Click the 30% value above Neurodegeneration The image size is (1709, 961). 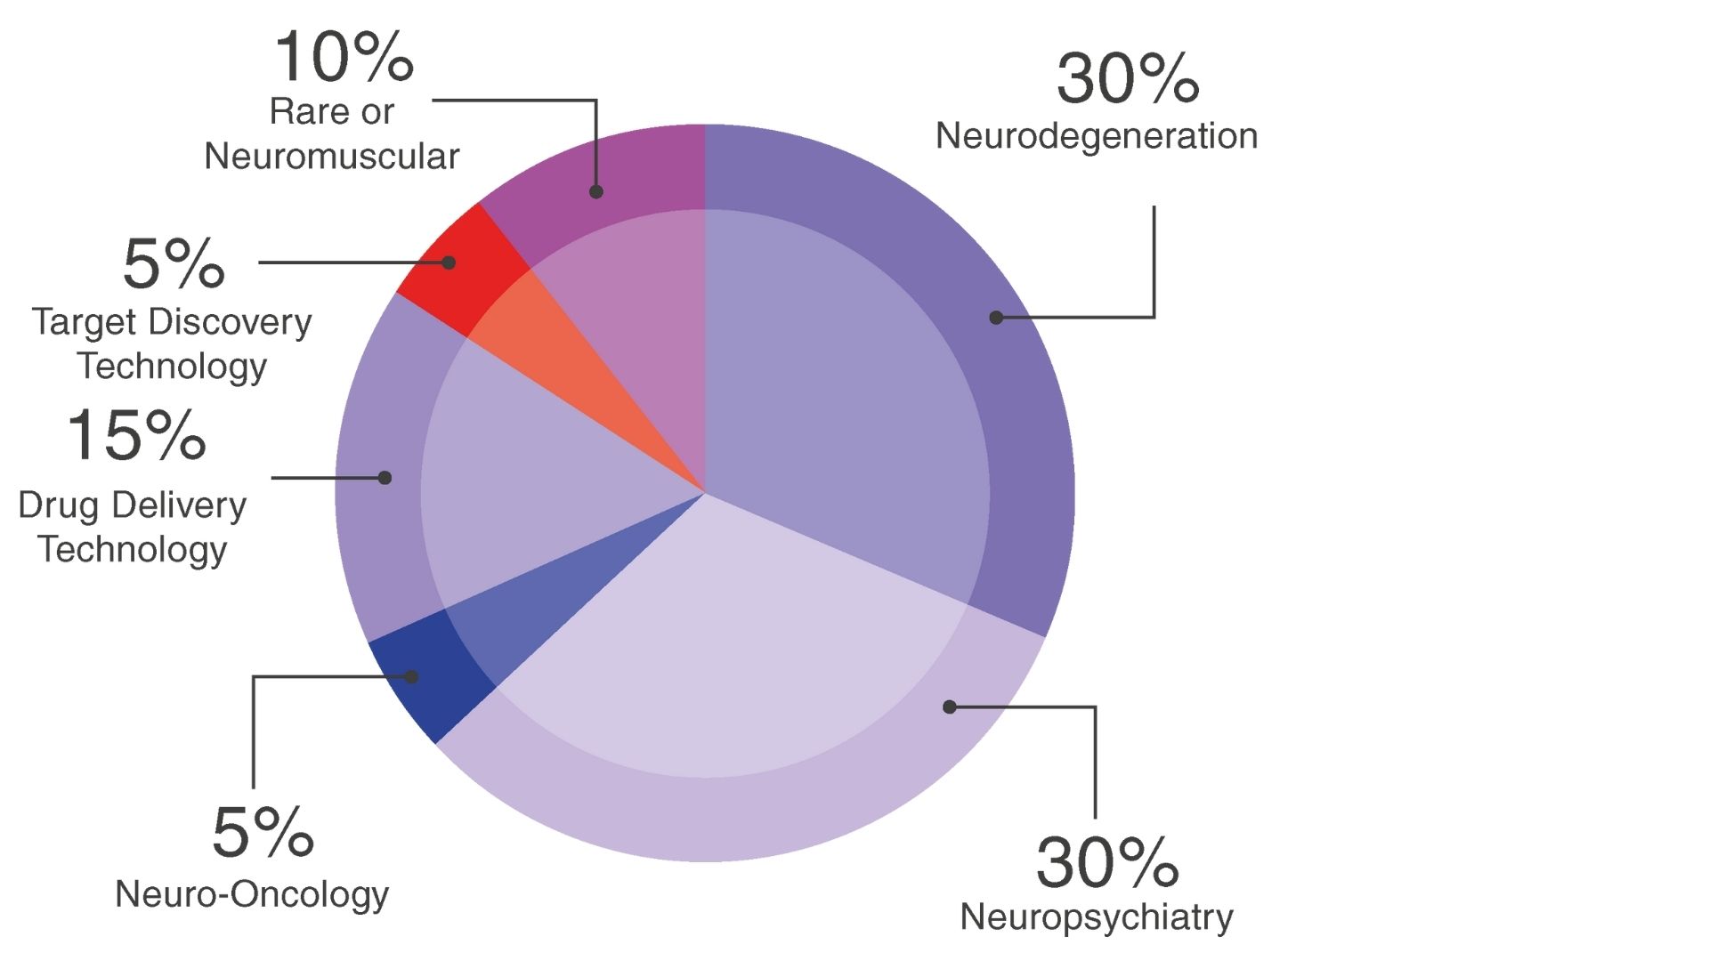coord(1128,78)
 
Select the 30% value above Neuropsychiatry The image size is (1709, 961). coord(1107,862)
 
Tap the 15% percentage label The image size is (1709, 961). coord(136,436)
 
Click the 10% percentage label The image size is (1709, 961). coord(344,57)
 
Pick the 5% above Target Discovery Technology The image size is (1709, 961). coord(174,264)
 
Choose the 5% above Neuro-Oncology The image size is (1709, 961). coord(263,833)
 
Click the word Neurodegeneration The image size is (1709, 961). coord(1097,136)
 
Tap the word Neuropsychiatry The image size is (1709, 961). coord(1097,917)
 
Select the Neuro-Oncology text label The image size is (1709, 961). coord(252,894)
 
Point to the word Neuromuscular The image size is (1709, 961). coord(331,157)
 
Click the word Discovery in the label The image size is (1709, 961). coord(230,322)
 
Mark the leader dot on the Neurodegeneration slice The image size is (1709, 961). coord(996,318)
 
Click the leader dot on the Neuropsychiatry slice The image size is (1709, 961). coord(950,707)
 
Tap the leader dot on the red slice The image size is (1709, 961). coord(449,262)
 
